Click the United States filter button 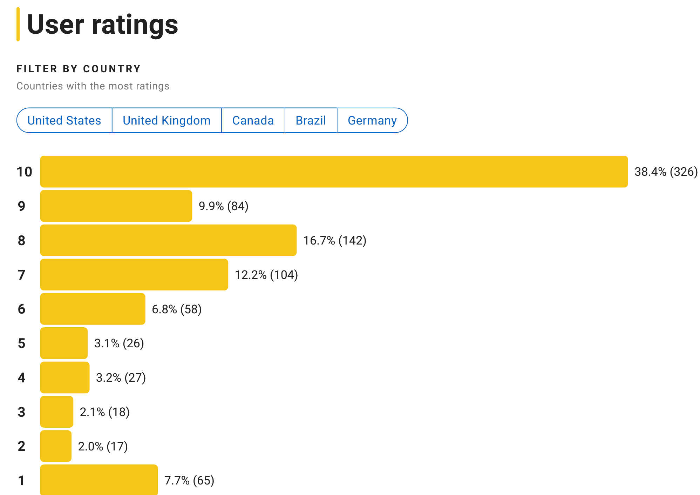point(64,120)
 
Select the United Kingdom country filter point(166,120)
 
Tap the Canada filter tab point(253,120)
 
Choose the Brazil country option point(311,120)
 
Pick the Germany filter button point(372,120)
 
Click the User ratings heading point(102,25)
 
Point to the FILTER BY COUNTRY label point(79,69)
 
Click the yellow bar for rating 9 point(116,206)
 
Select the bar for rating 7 point(134,275)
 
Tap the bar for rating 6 point(93,309)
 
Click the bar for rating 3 point(56,412)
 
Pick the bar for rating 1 point(99,480)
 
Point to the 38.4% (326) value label point(666,172)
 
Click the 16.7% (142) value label point(334,240)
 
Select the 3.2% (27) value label point(121,377)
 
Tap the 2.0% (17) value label point(103,446)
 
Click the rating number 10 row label point(24,172)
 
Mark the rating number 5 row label point(21,343)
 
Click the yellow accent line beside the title point(18,24)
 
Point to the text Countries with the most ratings point(93,86)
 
